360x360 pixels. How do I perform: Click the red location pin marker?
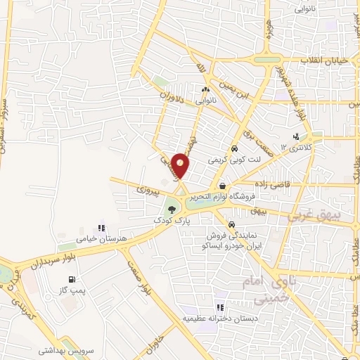(x=181, y=165)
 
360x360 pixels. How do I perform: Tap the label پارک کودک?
(x=173, y=220)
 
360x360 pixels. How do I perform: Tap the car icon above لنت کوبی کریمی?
(x=234, y=149)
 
